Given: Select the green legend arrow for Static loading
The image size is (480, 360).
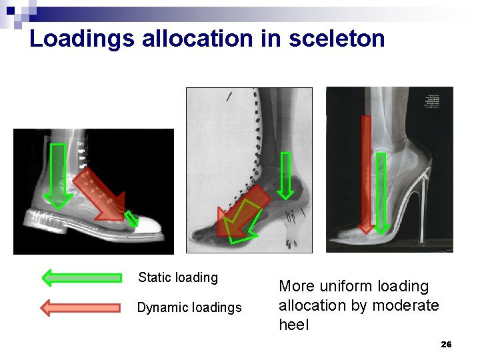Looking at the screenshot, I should pyautogui.click(x=81, y=277).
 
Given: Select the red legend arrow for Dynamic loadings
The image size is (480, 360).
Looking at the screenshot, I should pyautogui.click(x=81, y=307).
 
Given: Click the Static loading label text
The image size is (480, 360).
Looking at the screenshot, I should pyautogui.click(x=178, y=277).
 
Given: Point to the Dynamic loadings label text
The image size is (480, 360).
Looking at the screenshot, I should pyautogui.click(x=189, y=307).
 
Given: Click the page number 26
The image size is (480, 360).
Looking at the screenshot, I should pyautogui.click(x=446, y=344).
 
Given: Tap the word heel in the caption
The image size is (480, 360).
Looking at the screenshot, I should pyautogui.click(x=294, y=325).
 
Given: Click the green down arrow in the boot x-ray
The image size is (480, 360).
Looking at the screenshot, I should pyautogui.click(x=59, y=175).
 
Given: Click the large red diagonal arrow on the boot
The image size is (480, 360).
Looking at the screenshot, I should pyautogui.click(x=99, y=194).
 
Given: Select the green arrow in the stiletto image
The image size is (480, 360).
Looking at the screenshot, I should pyautogui.click(x=381, y=193).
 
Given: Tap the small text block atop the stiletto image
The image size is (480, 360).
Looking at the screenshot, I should pyautogui.click(x=436, y=100).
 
